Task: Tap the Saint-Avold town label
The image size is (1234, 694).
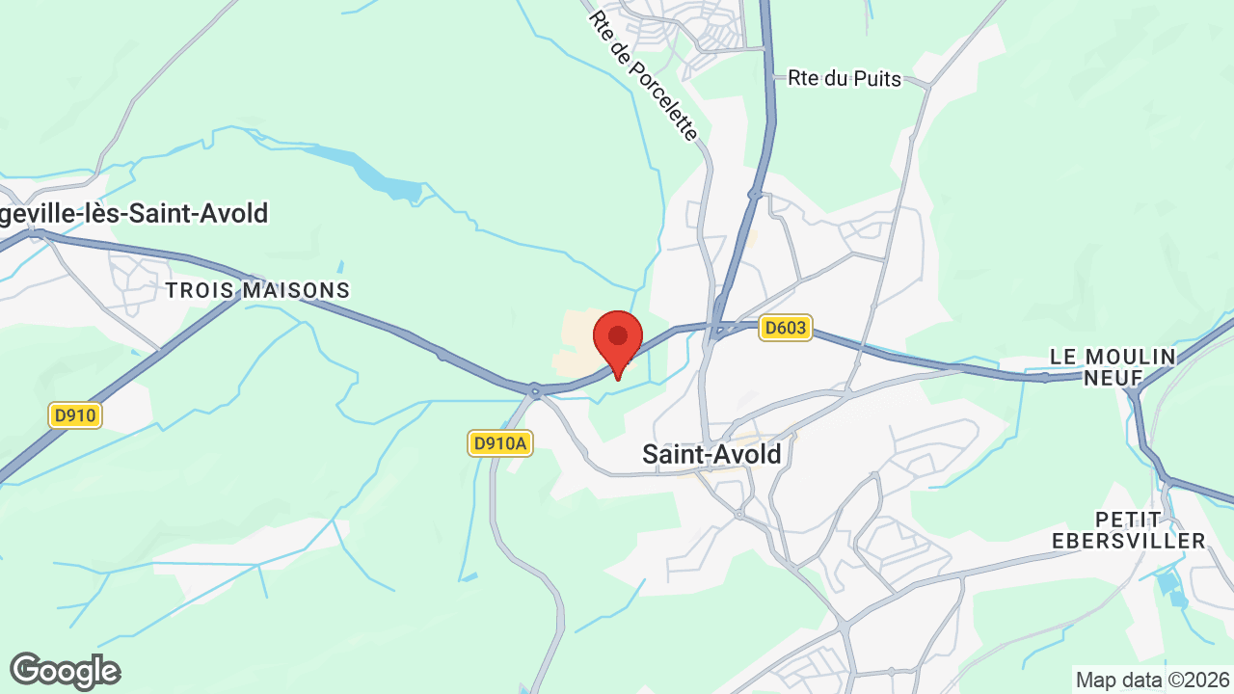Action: [x=711, y=454]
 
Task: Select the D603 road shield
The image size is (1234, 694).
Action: [x=785, y=329]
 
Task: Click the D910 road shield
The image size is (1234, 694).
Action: [x=75, y=416]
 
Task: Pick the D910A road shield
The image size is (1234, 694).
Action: [x=501, y=443]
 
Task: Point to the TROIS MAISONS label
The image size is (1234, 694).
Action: [x=257, y=290]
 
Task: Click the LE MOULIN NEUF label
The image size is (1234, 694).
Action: [x=1113, y=367]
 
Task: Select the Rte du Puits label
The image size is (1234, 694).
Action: [x=845, y=79]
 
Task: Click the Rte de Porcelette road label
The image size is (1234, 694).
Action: [x=643, y=75]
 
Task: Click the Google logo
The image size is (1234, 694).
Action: [x=65, y=671]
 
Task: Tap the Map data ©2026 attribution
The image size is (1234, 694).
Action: [x=1152, y=680]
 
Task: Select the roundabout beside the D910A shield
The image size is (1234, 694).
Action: [x=534, y=390]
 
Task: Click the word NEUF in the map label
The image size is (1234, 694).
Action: [x=1113, y=378]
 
